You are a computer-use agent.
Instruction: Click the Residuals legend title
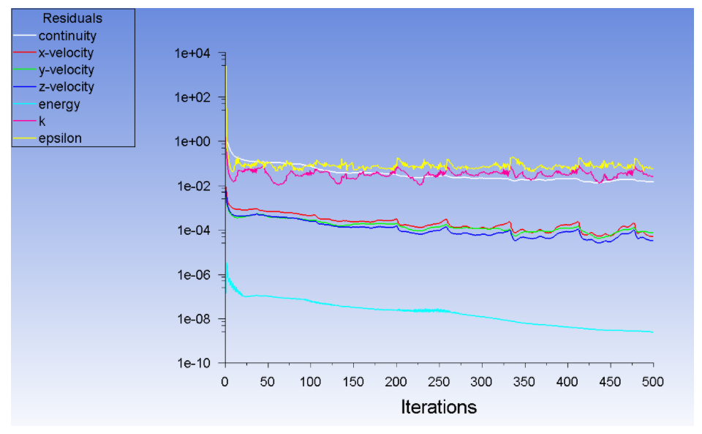pos(72,18)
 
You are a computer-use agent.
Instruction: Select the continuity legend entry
pos(67,36)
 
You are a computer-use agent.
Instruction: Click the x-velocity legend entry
pos(66,53)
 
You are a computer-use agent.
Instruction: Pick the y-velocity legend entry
pos(66,70)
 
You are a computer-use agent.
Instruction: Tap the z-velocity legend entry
pos(66,87)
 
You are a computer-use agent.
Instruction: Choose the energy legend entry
pos(59,104)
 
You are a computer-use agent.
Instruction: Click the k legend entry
pos(42,121)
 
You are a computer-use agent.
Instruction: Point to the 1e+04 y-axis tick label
pos(192,53)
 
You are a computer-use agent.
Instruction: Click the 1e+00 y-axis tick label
pos(192,142)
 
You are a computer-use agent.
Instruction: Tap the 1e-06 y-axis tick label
pos(192,275)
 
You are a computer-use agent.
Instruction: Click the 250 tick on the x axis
pos(439,382)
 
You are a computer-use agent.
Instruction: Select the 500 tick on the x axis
pos(653,382)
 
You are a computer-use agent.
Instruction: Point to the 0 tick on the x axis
pos(225,382)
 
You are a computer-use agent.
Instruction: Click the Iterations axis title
pos(439,407)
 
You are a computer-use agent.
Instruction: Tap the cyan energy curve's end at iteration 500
pos(652,332)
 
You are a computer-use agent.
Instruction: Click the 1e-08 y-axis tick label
pos(192,319)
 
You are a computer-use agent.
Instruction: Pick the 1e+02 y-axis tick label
pos(192,97)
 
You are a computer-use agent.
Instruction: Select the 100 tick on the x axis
pos(311,382)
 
